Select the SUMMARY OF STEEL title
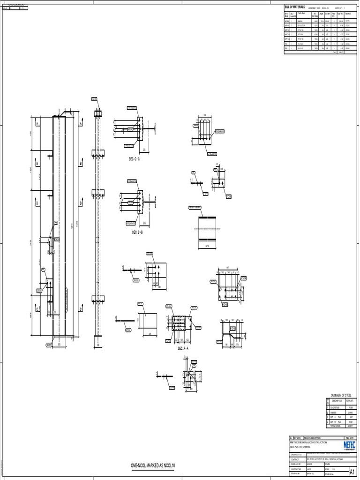click(x=340, y=395)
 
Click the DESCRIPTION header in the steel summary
click(x=337, y=401)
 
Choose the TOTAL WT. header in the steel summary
click(x=350, y=401)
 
